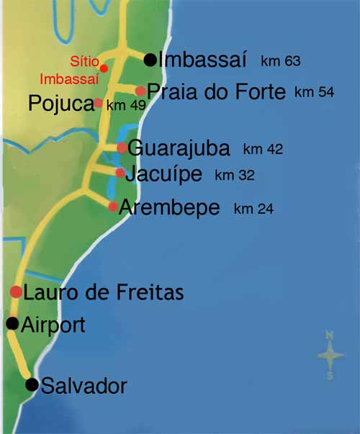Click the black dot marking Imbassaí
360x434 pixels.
coord(150,60)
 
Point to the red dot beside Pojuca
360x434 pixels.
coord(99,103)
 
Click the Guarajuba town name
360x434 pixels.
coord(179,149)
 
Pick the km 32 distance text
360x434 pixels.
coord(235,175)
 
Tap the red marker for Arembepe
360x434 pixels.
coord(113,207)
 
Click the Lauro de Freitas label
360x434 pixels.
coord(104,293)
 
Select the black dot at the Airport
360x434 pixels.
coord(12,324)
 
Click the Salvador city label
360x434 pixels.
coord(84,386)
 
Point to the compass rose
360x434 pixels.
coord(330,355)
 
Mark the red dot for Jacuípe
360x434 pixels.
coord(120,173)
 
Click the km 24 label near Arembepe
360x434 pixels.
coord(253,209)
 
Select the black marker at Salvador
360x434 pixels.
coord(32,385)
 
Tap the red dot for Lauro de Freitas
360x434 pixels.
coord(16,291)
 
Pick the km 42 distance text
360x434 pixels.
coord(264,150)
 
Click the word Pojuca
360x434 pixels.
coord(61,104)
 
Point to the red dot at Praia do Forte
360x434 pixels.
coord(140,91)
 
